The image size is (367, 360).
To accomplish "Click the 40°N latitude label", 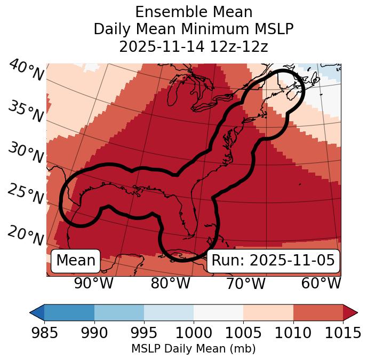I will click(26, 71).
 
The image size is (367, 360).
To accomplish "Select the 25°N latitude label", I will click(25, 194).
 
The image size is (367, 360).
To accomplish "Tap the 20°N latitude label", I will click(25, 235).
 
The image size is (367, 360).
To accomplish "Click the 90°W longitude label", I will click(93, 283).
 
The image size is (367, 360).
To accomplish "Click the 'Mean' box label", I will click(76, 261).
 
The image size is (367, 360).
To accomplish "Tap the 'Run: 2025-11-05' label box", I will click(273, 261).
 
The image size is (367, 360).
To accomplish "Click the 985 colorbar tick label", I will click(44, 333).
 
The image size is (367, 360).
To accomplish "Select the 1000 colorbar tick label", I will click(194, 333).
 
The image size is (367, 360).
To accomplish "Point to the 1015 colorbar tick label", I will click(343, 333).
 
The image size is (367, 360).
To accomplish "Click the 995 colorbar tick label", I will click(144, 333).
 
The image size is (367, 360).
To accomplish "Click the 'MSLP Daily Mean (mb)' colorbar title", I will click(193, 349).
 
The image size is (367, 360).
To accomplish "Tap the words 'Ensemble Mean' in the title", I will click(193, 12).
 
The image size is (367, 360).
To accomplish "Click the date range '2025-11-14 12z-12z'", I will click(193, 46).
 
